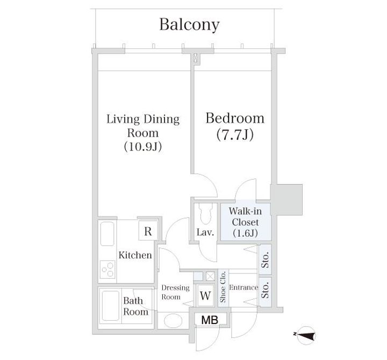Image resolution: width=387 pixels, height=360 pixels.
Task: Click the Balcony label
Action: coord(189,25)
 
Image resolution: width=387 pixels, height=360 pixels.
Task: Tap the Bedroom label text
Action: coord(235,118)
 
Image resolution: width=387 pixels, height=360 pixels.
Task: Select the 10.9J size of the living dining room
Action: coord(143,146)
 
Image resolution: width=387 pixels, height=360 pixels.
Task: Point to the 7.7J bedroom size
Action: coord(235,135)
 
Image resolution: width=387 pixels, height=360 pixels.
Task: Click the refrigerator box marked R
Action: coord(148,231)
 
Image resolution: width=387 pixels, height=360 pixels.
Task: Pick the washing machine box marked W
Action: coord(205,295)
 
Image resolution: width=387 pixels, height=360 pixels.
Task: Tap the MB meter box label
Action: coord(210,320)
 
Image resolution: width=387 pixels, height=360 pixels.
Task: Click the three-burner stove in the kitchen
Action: coord(107,270)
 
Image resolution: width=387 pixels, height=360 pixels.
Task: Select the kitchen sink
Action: coord(107,234)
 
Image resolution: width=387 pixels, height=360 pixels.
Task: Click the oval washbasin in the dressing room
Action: coord(173,321)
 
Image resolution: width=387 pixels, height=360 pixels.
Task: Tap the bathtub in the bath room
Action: coord(111,306)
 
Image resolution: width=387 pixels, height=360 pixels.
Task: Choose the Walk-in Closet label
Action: coord(245,222)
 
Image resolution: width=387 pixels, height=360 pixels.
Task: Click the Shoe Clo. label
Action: coord(223,287)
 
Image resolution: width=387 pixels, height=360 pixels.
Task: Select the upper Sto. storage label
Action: coord(265,260)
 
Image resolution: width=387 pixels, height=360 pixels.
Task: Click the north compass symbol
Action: coord(306,335)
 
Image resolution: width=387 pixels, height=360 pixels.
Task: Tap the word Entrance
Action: coord(243,287)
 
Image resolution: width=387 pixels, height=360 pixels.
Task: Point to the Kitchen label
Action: coord(135,255)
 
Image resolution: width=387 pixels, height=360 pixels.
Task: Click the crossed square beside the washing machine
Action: coord(210,276)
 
